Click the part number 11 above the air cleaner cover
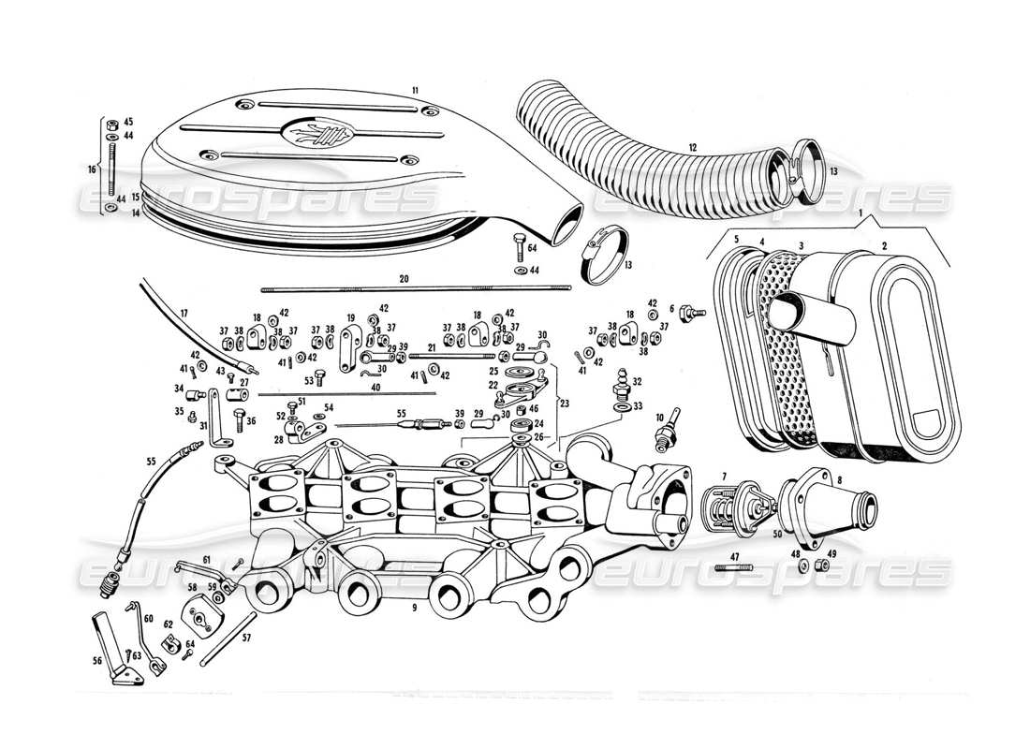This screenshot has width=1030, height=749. [x=413, y=90]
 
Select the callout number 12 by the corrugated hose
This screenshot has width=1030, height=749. [x=692, y=147]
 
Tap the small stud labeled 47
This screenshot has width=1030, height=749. [x=728, y=566]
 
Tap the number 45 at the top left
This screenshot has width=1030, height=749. [x=128, y=122]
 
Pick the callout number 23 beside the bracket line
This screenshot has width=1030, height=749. [x=564, y=404]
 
